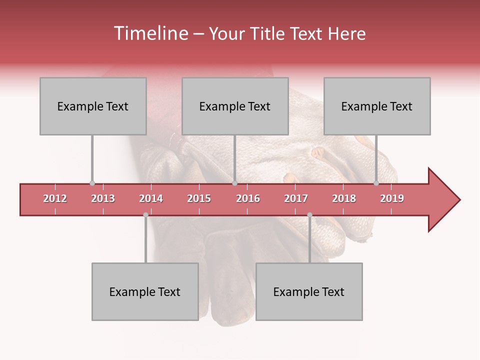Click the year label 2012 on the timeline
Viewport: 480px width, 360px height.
click(55, 198)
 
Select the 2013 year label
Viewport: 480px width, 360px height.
click(103, 198)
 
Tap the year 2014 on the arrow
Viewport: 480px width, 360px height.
click(151, 198)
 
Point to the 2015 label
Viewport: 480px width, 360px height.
click(199, 198)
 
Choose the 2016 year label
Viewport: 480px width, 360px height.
click(248, 198)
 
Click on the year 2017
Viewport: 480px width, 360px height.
click(296, 198)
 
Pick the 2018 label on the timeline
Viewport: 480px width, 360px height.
click(344, 198)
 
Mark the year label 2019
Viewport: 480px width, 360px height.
click(392, 198)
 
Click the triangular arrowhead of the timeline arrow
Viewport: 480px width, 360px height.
click(442, 199)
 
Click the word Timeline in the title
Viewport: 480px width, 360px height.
click(150, 33)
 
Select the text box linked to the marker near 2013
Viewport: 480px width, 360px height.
click(93, 106)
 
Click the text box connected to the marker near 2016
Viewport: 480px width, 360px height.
click(235, 106)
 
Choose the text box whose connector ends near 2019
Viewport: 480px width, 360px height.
click(377, 106)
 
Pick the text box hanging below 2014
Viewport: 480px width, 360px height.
click(145, 291)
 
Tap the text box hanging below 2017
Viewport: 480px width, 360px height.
click(309, 291)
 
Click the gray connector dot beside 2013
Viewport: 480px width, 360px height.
click(92, 183)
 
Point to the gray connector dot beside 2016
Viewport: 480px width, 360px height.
click(234, 183)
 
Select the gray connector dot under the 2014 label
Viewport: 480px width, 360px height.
click(145, 215)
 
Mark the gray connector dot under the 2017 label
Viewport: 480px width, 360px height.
click(309, 215)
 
